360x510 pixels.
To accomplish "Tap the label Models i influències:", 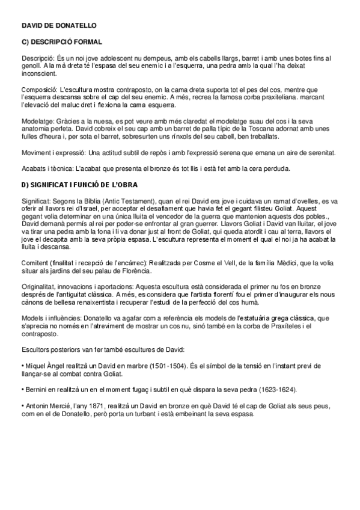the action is coord(52,318).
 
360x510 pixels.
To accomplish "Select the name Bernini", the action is coord(35,388).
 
